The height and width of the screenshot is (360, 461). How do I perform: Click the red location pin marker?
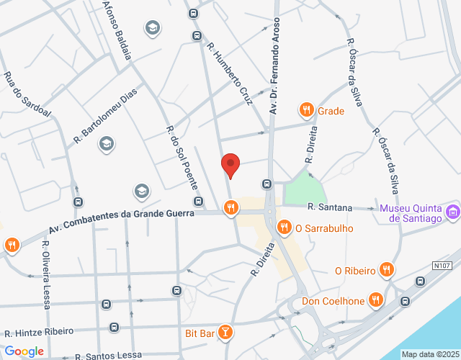pyautogui.click(x=230, y=165)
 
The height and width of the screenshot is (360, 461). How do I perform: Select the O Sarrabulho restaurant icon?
pyautogui.click(x=285, y=228)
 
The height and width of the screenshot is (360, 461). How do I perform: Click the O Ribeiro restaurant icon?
pyautogui.click(x=386, y=270)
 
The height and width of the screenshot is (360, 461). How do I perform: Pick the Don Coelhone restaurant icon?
pyautogui.click(x=375, y=300)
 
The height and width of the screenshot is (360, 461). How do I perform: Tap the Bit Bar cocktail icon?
pyautogui.click(x=226, y=332)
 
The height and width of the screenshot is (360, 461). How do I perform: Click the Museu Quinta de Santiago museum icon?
pyautogui.click(x=453, y=212)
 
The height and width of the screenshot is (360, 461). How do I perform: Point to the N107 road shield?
pyautogui.click(x=442, y=266)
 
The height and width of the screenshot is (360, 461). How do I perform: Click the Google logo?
pyautogui.click(x=24, y=351)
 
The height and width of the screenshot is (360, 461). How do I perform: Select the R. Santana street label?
pyautogui.click(x=329, y=207)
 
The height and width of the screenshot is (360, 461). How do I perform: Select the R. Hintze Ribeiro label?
pyautogui.click(x=39, y=332)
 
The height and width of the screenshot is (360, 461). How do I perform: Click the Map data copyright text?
pyautogui.click(x=430, y=354)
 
